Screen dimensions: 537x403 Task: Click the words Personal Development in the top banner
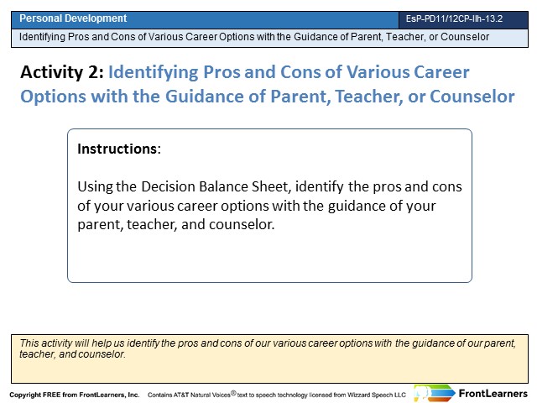(x=73, y=18)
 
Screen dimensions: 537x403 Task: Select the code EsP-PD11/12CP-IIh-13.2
(x=454, y=18)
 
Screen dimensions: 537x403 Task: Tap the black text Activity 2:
(x=62, y=72)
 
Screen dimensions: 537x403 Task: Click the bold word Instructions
(x=117, y=149)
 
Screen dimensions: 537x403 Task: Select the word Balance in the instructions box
(x=224, y=186)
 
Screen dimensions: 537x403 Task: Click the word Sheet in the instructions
(x=272, y=187)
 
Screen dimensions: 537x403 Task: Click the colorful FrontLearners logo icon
(x=434, y=393)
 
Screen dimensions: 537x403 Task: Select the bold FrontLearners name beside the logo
(x=493, y=394)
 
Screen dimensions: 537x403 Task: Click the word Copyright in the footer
(x=25, y=395)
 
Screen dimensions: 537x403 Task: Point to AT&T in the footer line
(x=181, y=395)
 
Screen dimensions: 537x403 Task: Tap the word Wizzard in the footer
(x=358, y=395)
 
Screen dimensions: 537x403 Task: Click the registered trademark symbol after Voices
(x=233, y=393)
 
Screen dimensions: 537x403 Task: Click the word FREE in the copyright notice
(x=52, y=395)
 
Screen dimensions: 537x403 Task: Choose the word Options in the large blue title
(x=53, y=97)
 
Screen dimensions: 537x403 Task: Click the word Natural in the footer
(x=201, y=395)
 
